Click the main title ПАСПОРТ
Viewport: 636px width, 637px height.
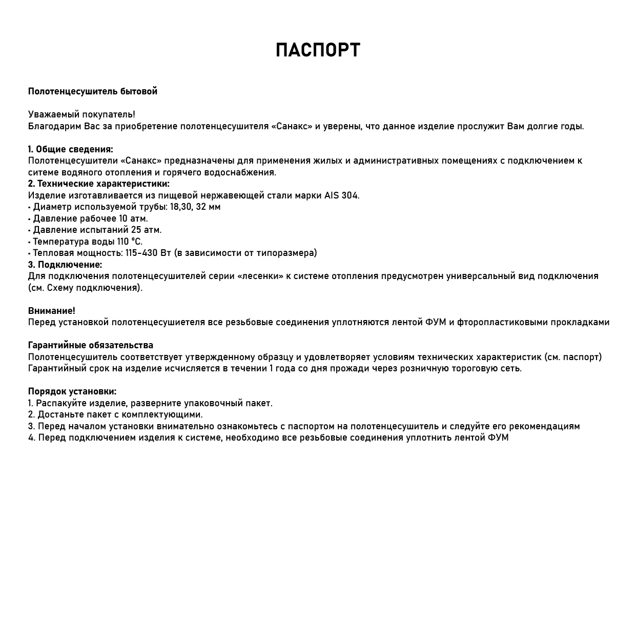(x=318, y=50)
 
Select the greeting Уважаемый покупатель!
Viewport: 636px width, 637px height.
(x=81, y=114)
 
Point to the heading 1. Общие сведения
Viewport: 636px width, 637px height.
(x=70, y=149)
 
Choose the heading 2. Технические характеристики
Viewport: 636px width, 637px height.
(x=98, y=184)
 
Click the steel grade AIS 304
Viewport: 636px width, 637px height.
(x=341, y=195)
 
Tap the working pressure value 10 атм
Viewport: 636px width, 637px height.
(x=133, y=218)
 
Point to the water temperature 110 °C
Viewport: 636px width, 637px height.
(x=129, y=242)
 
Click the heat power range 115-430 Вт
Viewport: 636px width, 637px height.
(x=148, y=253)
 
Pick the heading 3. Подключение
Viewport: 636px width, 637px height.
(x=65, y=265)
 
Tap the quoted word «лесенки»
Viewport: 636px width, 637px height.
(x=260, y=276)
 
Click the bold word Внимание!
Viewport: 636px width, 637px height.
(x=51, y=311)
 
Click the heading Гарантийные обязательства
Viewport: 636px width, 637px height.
(x=90, y=345)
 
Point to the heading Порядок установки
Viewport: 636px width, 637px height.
(x=72, y=392)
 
